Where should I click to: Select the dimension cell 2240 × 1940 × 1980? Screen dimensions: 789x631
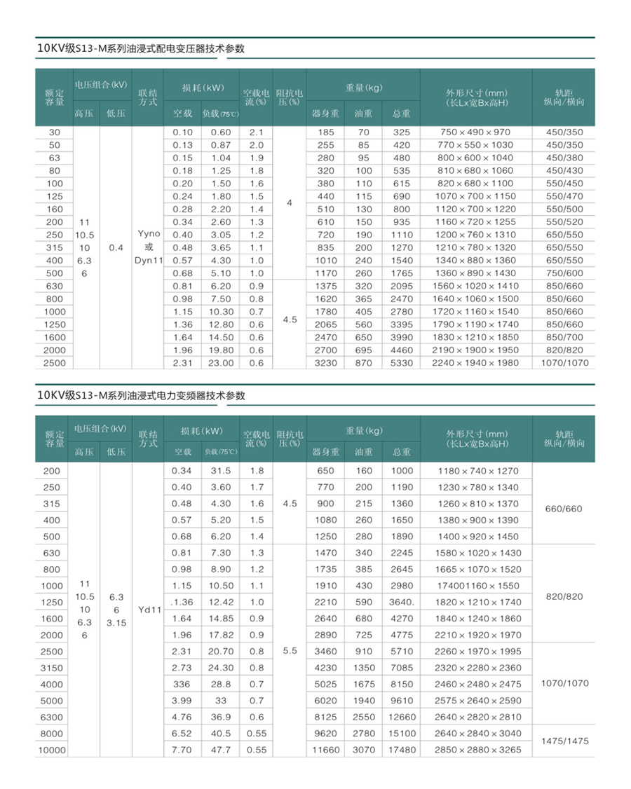476,363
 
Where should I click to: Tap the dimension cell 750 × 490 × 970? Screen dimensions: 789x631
476,132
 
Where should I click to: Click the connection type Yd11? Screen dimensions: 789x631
150,610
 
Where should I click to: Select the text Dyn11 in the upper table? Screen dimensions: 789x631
149,260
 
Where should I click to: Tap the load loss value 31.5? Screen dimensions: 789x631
221,471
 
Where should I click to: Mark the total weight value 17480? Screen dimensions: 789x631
402,750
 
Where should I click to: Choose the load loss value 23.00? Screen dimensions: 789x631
221,363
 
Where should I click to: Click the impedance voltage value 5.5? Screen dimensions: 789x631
290,650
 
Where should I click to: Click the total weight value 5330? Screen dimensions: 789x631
402,363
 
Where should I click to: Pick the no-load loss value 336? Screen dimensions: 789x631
182,683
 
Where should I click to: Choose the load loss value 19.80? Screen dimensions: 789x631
221,350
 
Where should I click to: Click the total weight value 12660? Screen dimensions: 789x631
402,717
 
